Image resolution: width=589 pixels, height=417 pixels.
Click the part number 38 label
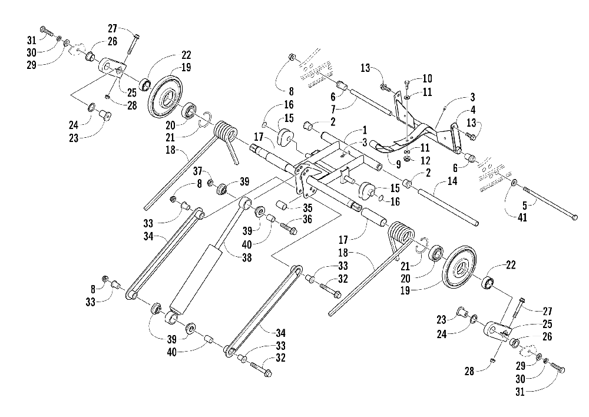point(247,258)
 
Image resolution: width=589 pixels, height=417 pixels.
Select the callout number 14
point(452,181)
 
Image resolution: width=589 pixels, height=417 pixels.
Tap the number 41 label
point(522,217)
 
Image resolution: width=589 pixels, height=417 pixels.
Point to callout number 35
point(307,208)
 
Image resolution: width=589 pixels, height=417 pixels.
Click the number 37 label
point(198,171)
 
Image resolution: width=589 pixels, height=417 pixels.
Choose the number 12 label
point(425,160)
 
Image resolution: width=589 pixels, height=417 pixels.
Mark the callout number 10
point(428,78)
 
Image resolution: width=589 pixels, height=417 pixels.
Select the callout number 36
point(307,219)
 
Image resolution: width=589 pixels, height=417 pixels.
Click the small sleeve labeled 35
point(284,205)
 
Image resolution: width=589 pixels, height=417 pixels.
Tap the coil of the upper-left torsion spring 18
point(227,133)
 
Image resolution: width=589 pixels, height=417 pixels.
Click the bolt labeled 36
point(289,228)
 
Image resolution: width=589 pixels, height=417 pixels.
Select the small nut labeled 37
point(211,183)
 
